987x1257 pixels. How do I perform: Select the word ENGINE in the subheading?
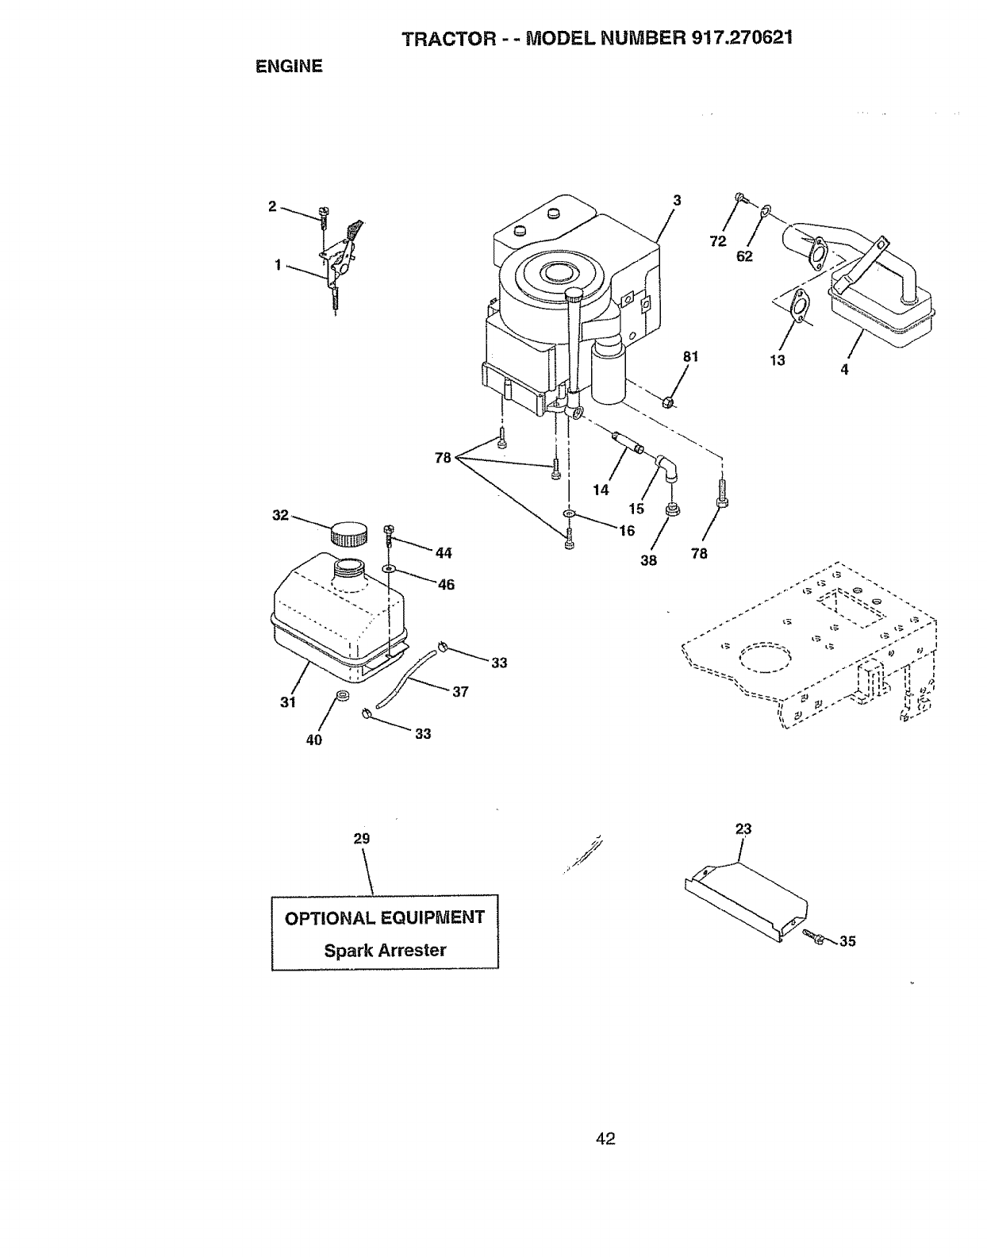point(289,67)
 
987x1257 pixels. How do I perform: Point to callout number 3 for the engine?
point(677,201)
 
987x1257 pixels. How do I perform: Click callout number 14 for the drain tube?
point(601,490)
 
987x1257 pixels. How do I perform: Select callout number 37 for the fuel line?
point(460,691)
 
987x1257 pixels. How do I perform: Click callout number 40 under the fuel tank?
point(314,740)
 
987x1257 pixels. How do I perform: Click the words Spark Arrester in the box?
point(385,950)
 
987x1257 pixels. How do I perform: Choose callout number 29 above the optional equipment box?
point(362,839)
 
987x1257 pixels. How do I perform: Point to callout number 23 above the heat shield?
point(743,829)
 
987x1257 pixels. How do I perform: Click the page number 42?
point(606,1140)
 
